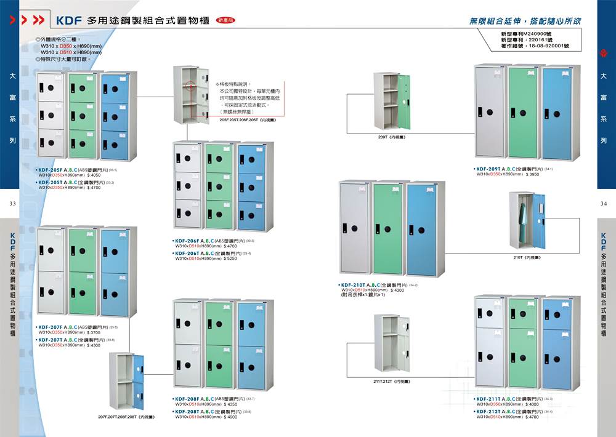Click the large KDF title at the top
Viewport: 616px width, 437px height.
[x=69, y=20]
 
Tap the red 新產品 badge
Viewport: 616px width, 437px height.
[x=226, y=20]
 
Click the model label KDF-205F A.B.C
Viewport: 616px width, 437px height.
[x=60, y=169]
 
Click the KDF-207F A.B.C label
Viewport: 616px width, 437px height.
[x=60, y=327]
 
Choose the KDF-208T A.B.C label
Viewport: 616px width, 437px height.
[x=196, y=411]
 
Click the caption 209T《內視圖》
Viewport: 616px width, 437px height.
[x=392, y=137]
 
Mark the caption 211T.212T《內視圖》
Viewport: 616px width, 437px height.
[x=392, y=382]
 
